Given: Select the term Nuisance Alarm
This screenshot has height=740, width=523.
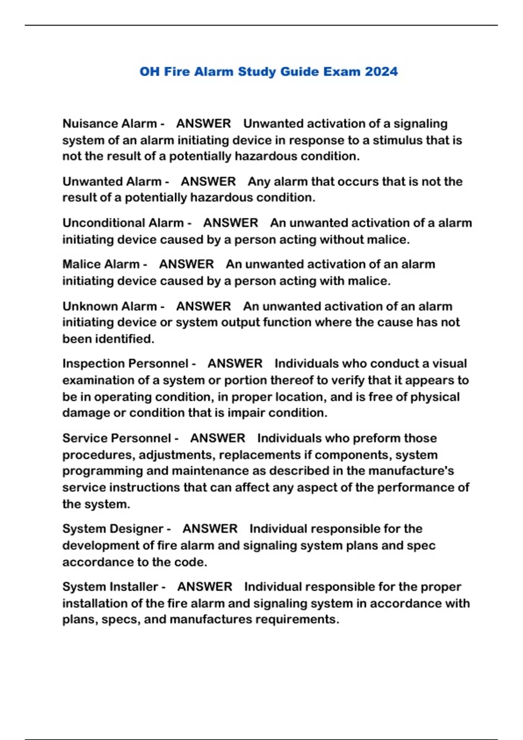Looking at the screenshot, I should coord(109,124).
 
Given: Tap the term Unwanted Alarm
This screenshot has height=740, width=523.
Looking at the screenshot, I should coord(112,182).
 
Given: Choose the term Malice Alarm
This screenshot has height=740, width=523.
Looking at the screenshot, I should coord(101,264).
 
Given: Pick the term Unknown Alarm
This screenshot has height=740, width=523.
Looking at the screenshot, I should coord(109,306).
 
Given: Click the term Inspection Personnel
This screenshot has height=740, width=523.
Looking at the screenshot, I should coord(125,363).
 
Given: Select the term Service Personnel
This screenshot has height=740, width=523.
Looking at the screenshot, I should coord(116,438).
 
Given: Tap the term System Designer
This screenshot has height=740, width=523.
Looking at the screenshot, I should coord(112,529).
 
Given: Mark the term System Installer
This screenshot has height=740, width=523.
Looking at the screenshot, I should coord(110,587).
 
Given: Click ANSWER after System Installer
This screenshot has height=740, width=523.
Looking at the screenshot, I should coord(204,587).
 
